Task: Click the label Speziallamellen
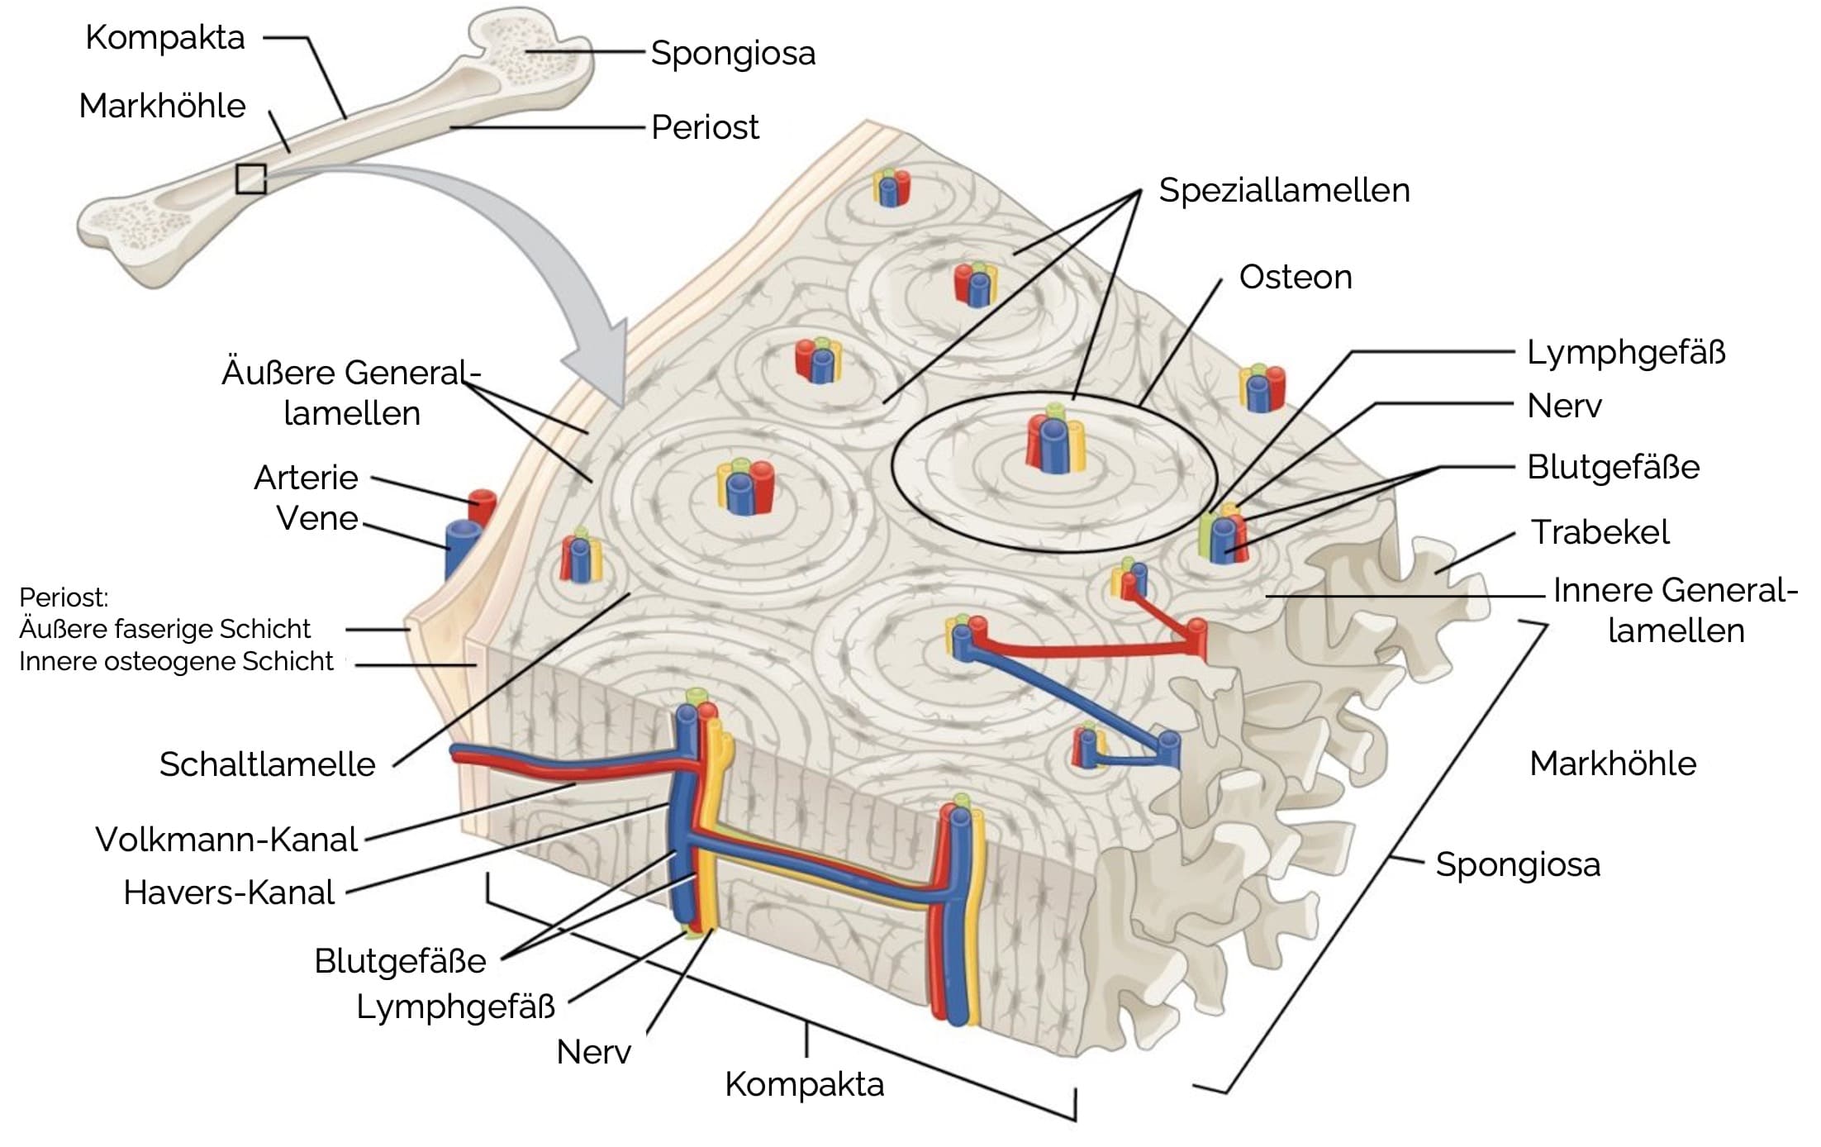click(1283, 191)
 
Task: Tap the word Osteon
click(1295, 278)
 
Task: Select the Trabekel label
click(1600, 532)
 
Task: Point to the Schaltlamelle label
click(267, 764)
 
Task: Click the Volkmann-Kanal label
click(226, 840)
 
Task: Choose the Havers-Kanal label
click(229, 892)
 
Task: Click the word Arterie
click(306, 478)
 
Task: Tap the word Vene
click(316, 518)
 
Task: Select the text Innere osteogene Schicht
click(176, 662)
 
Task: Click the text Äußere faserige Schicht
click(164, 630)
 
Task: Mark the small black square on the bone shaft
click(250, 178)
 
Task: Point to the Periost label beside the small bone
click(705, 128)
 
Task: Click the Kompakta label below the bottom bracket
click(804, 1084)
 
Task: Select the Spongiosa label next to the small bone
click(733, 54)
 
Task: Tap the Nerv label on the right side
click(1564, 407)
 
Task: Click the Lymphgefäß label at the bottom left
click(455, 1007)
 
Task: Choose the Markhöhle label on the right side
click(1612, 764)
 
